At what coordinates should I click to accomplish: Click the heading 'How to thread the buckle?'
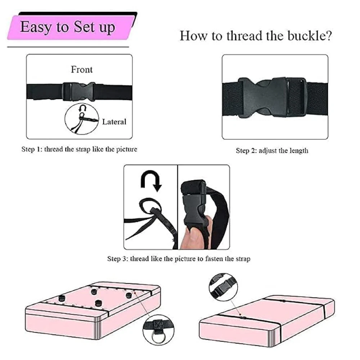pos(256,36)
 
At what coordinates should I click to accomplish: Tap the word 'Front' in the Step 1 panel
pos(82,69)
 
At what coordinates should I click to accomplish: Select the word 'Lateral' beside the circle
pos(114,122)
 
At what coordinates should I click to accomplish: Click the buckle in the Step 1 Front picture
pos(79,91)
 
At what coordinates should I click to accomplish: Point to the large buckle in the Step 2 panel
pos(273,97)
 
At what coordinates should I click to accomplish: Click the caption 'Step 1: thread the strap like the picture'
pos(79,149)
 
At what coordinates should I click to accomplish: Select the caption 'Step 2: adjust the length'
pos(272,150)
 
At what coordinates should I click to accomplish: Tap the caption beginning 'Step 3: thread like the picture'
pos(179,259)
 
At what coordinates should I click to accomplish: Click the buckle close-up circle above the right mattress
pos(223,287)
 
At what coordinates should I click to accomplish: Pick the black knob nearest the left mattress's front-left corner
pos(61,298)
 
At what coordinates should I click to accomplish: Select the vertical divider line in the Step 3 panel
pos(177,207)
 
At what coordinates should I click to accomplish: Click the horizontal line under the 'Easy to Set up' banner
pos(68,47)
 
